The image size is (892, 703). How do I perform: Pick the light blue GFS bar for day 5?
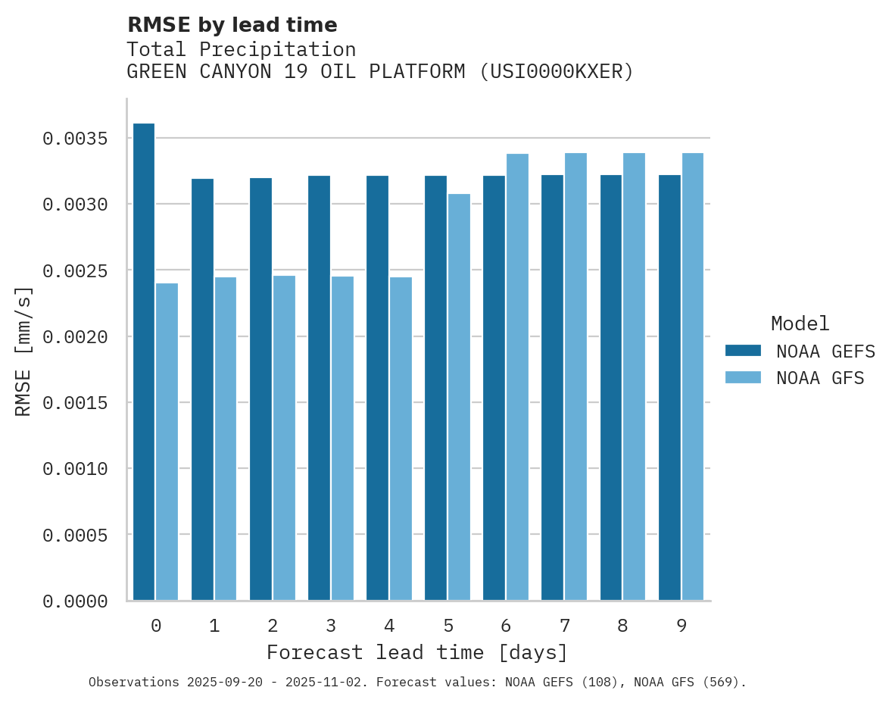(459, 397)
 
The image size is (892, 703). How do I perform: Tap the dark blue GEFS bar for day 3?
(319, 388)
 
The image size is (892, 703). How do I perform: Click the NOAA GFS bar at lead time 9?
(693, 376)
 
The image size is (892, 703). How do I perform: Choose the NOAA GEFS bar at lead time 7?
(552, 388)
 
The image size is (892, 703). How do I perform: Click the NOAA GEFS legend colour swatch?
(742, 351)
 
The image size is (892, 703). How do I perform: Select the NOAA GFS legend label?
(820, 378)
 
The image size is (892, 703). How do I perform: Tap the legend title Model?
(800, 323)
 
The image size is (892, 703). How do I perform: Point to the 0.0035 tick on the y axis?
(75, 139)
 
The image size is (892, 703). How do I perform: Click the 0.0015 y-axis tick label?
(75, 403)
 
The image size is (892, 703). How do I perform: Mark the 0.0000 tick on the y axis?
(75, 601)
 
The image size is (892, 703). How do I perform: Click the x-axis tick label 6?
(506, 626)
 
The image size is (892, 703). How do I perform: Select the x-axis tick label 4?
(389, 626)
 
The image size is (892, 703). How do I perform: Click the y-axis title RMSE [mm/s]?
(23, 351)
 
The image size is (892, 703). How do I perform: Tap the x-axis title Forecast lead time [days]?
(417, 653)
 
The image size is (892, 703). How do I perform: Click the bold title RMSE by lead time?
(232, 25)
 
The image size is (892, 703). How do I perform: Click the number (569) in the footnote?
(722, 683)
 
